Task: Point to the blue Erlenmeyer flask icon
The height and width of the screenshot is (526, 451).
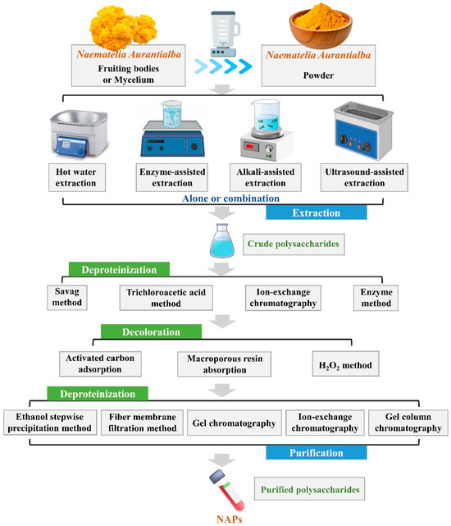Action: (x=224, y=244)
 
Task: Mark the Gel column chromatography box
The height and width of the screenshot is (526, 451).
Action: (x=408, y=421)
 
